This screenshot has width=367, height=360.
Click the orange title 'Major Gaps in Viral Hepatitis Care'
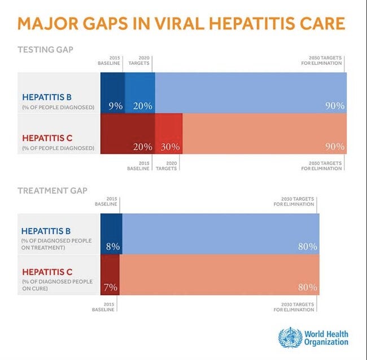coord(181,23)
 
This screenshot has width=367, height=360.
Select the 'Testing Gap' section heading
coord(45,49)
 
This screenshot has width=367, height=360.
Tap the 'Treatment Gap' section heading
coord(53,191)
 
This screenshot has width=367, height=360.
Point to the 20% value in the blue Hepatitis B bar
coord(142,106)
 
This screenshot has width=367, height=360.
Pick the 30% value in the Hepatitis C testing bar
coord(169,146)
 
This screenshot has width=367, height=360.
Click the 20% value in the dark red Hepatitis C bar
coord(142,146)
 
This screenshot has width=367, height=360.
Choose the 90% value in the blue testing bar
coord(334,106)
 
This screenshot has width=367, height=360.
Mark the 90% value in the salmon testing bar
coord(334,146)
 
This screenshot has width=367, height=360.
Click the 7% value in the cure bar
coord(110,287)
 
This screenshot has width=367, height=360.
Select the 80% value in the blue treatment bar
coord(308,247)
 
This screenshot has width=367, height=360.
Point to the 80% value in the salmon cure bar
coord(308,287)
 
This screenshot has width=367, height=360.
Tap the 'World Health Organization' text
coord(326,337)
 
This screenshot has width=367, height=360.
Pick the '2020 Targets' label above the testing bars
coord(138,60)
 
